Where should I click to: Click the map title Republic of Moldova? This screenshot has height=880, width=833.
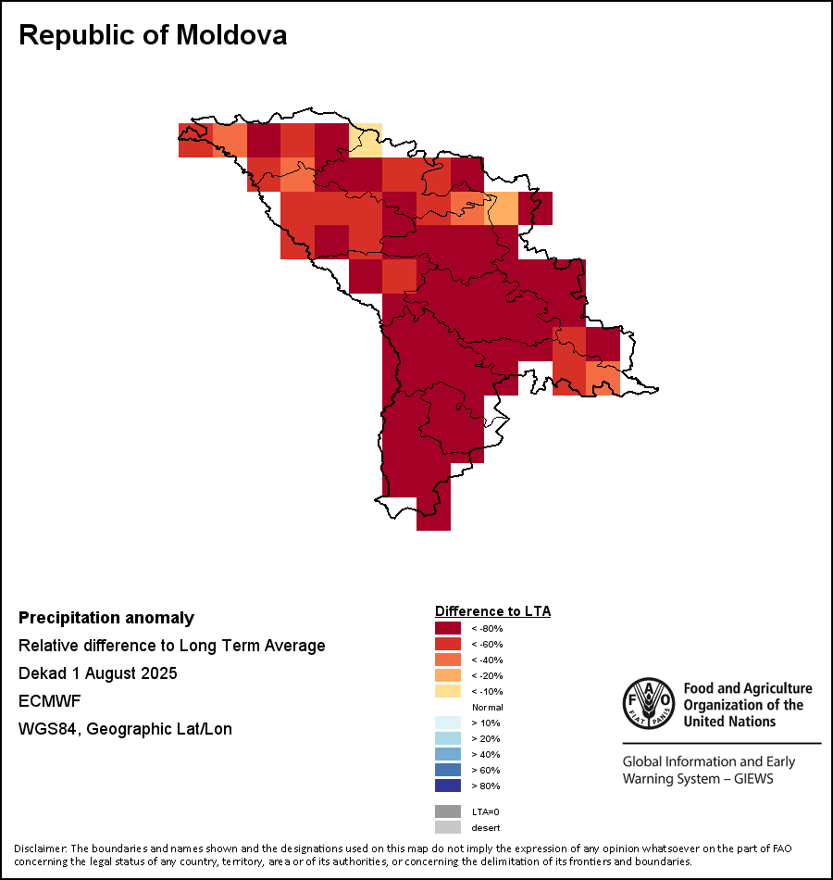153,35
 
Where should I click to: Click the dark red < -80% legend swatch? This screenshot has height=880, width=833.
448,628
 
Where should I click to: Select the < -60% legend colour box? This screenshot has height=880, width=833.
448,644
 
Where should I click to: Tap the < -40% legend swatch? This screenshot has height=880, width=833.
448,660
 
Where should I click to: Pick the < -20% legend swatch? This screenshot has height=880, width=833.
448,675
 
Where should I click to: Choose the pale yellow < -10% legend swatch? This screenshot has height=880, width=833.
448,691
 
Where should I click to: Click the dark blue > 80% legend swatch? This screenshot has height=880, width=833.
448,786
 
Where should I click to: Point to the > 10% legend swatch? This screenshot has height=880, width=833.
448,723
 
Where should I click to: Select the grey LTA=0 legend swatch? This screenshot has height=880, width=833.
448,811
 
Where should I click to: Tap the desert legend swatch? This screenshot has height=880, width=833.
448,827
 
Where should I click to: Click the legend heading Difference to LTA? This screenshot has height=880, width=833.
492,611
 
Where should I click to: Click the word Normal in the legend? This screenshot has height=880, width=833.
487,707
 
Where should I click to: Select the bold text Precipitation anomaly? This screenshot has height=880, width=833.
106,618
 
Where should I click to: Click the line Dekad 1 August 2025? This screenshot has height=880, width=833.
98,673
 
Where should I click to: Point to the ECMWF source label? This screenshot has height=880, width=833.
50,701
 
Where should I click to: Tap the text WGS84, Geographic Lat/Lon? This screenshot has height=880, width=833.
125,729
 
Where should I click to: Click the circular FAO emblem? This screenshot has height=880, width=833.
648,704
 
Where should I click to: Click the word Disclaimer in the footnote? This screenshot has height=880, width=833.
40,849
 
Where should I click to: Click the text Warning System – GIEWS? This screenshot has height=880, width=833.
698,779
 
